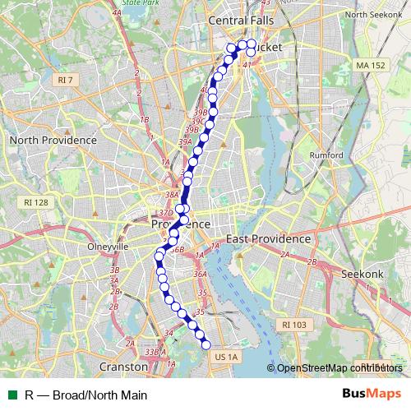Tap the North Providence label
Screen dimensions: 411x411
(53, 141)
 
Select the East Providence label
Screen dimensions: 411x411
(269, 238)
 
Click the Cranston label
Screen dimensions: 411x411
(122, 366)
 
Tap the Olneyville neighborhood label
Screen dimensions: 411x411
(104, 246)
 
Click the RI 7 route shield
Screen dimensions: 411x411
(66, 80)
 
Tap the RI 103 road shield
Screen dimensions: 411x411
(293, 325)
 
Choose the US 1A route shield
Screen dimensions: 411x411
(224, 357)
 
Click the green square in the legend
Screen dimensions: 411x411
(12, 395)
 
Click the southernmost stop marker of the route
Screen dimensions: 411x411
(205, 344)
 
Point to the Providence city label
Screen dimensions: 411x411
(181, 224)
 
